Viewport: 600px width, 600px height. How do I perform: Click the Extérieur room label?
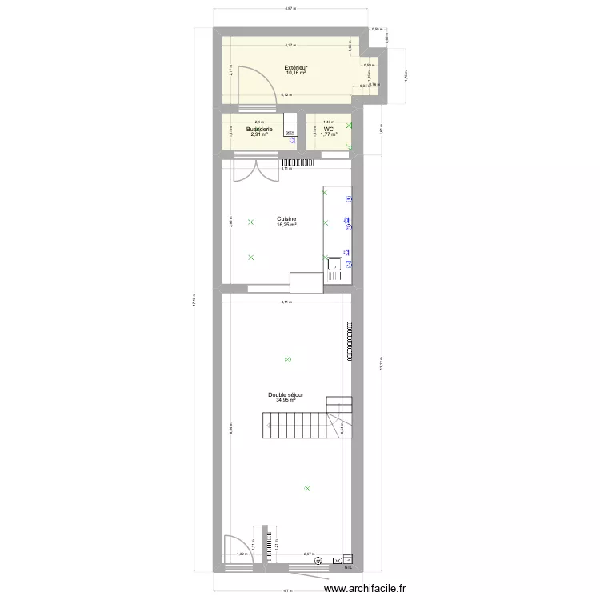click(x=296, y=68)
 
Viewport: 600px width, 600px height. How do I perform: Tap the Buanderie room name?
click(x=258, y=129)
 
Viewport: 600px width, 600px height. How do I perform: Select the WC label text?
click(x=329, y=129)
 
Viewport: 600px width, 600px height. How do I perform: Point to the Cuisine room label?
click(x=286, y=219)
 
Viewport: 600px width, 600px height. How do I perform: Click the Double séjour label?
click(x=286, y=394)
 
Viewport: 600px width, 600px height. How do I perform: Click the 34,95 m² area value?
click(x=286, y=400)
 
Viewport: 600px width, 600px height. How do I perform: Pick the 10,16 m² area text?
click(x=296, y=74)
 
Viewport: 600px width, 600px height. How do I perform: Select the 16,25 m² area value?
click(x=286, y=225)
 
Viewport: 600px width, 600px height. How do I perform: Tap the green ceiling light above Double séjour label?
click(x=288, y=360)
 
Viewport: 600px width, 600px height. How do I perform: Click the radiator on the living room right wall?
click(x=350, y=342)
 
